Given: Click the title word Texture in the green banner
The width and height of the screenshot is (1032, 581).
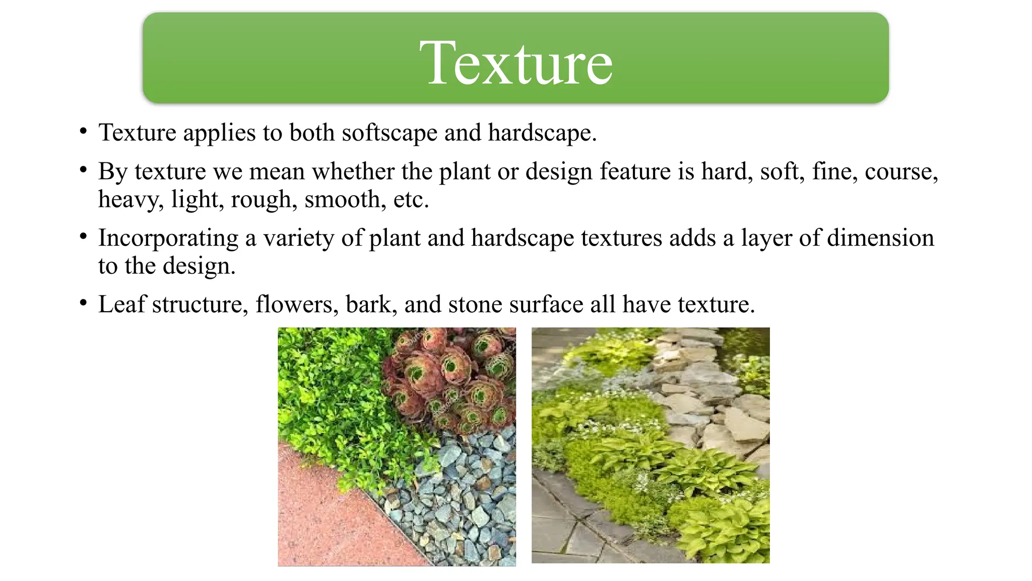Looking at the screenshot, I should coord(516,63).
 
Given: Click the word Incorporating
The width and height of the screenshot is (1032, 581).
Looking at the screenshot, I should coord(168,238).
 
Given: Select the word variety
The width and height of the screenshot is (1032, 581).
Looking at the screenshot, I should coord(298,238).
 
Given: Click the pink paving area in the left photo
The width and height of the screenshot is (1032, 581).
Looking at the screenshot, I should coord(322,519).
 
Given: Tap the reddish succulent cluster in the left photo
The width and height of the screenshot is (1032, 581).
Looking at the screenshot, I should coord(448,373).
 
